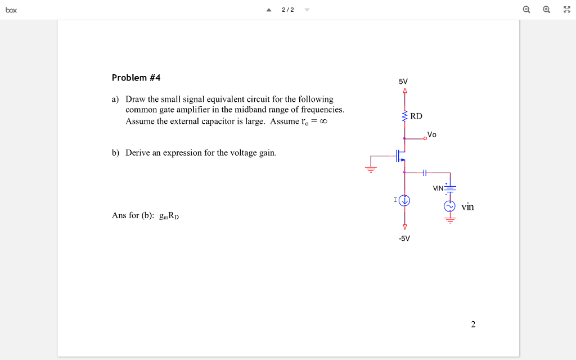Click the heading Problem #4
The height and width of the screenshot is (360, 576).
pos(136,78)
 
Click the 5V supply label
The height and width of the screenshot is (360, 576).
pos(403,82)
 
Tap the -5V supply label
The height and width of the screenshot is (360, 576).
pos(404,238)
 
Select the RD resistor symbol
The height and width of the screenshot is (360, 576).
pos(404,116)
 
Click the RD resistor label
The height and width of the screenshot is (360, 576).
pos(416,116)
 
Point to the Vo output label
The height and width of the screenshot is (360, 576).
pos(431,134)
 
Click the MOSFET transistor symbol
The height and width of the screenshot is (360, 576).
pos(399,156)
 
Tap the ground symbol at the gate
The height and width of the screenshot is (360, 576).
pos(370,167)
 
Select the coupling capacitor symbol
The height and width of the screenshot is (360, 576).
pos(425,172)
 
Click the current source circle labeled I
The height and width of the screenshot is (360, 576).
pos(404,200)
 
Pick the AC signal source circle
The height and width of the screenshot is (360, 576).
pos(449,206)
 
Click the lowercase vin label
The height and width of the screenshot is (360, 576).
pos(467,207)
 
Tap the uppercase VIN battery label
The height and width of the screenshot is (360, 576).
pos(438,188)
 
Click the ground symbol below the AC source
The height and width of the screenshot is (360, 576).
pos(449,220)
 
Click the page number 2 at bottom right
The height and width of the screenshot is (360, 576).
pos(473,324)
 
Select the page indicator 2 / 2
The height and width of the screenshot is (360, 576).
pos(287,10)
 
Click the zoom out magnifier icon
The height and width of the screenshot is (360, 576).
pos(526,10)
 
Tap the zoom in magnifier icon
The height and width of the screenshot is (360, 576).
pos(546,10)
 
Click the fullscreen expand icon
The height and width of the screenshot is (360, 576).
pos(566,10)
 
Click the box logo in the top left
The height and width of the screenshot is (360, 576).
pos(11,10)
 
